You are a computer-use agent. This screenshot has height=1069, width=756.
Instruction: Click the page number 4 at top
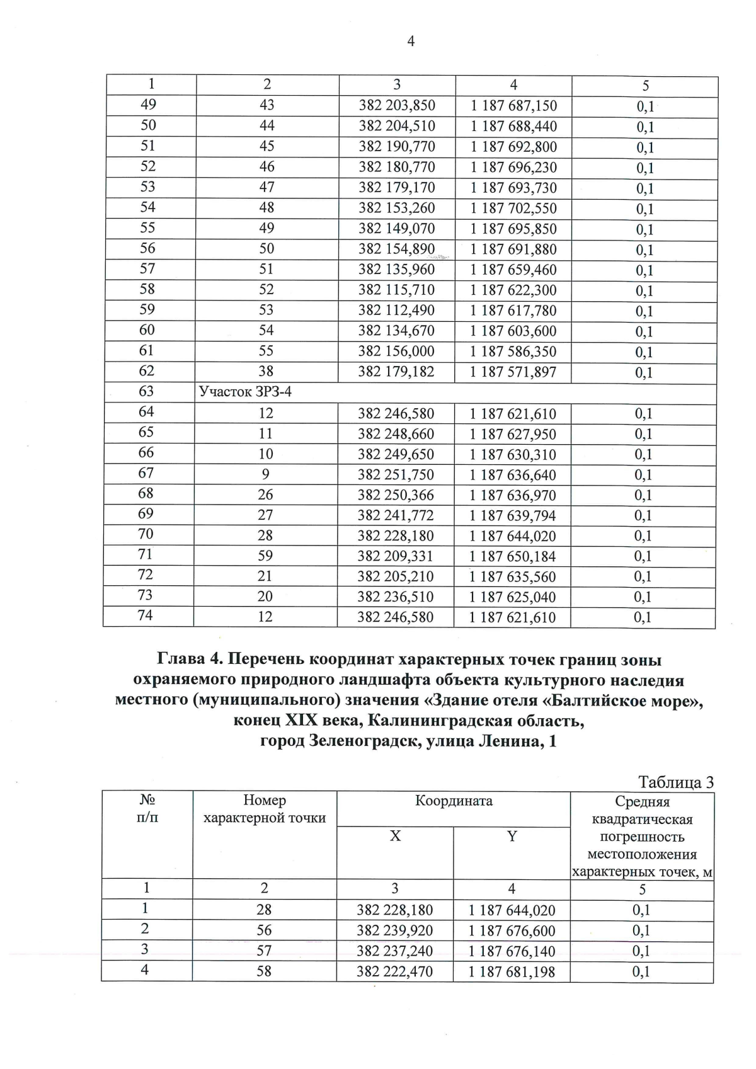pyautogui.click(x=411, y=42)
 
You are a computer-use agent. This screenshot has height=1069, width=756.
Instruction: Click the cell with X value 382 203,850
pyautogui.click(x=397, y=106)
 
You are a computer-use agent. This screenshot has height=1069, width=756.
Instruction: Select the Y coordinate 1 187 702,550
pyautogui.click(x=513, y=209)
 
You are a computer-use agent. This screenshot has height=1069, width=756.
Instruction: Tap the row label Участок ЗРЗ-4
pyautogui.click(x=245, y=392)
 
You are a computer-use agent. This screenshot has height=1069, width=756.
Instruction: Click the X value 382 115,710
pyautogui.click(x=396, y=290)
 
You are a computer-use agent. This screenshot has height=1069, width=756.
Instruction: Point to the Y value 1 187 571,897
pyautogui.click(x=513, y=372)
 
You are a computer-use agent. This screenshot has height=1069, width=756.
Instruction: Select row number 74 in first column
pyautogui.click(x=146, y=615)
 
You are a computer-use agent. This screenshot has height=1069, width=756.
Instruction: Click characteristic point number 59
pyautogui.click(x=265, y=556)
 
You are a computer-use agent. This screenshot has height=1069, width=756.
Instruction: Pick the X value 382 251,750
pyautogui.click(x=396, y=475)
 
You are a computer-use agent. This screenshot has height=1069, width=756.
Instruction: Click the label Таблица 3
pyautogui.click(x=675, y=782)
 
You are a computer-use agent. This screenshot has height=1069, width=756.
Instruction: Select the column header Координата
pyautogui.click(x=454, y=801)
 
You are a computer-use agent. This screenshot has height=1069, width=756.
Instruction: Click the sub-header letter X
pyautogui.click(x=395, y=836)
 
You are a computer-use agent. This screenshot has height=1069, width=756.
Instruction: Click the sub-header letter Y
pyautogui.click(x=512, y=836)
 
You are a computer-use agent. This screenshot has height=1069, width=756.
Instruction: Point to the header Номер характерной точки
pyautogui.click(x=265, y=809)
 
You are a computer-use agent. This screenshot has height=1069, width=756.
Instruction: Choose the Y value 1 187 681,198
pyautogui.click(x=512, y=972)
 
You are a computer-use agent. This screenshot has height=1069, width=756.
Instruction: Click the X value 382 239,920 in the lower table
pyautogui.click(x=394, y=931)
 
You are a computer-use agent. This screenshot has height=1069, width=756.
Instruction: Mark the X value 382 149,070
pyautogui.click(x=396, y=229)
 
